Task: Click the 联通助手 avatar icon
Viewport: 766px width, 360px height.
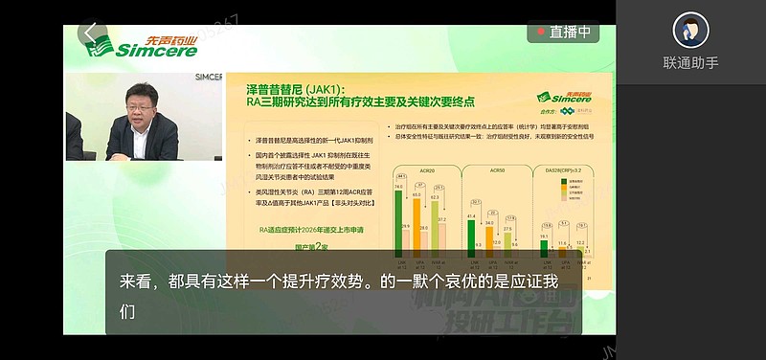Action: click(x=690, y=31)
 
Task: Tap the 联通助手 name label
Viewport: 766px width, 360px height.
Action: click(x=690, y=63)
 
